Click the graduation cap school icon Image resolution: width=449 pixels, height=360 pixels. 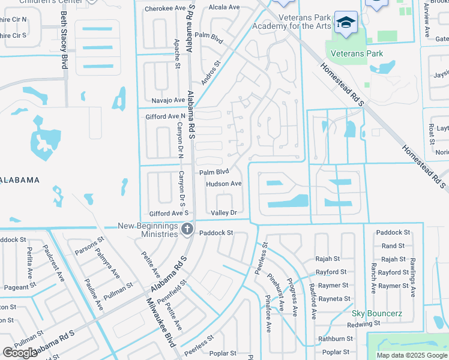(345, 23)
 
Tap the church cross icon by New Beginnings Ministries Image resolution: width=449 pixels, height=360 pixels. (187, 229)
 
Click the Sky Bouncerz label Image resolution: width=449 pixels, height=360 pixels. (376, 314)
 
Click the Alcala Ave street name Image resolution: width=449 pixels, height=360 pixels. (223, 7)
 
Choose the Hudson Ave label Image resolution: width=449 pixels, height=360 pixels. (223, 184)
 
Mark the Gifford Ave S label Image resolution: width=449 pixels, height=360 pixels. (169, 213)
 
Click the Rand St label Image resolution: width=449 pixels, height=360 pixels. (393, 246)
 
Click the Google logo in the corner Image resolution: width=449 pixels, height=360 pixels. (20, 353)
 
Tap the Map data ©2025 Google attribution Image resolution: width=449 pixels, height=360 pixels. (411, 355)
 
